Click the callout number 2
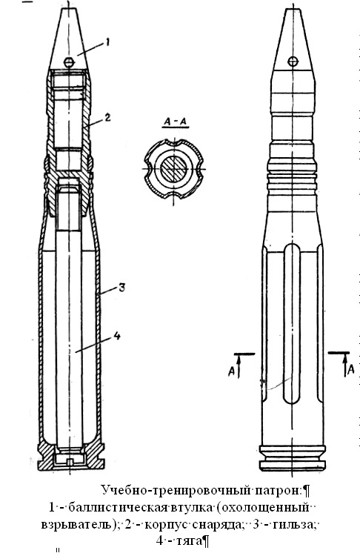pyautogui.click(x=107, y=117)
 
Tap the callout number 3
pyautogui.click(x=121, y=287)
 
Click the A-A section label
pyautogui.click(x=175, y=122)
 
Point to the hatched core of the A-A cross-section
pyautogui.click(x=173, y=168)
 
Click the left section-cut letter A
pyautogui.click(x=231, y=372)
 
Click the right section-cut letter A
pyautogui.click(x=351, y=369)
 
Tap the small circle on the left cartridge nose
pyautogui.click(x=70, y=62)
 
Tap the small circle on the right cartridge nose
pyautogui.click(x=293, y=62)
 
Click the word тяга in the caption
pyautogui.click(x=187, y=541)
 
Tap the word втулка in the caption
pyautogui.click(x=192, y=508)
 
